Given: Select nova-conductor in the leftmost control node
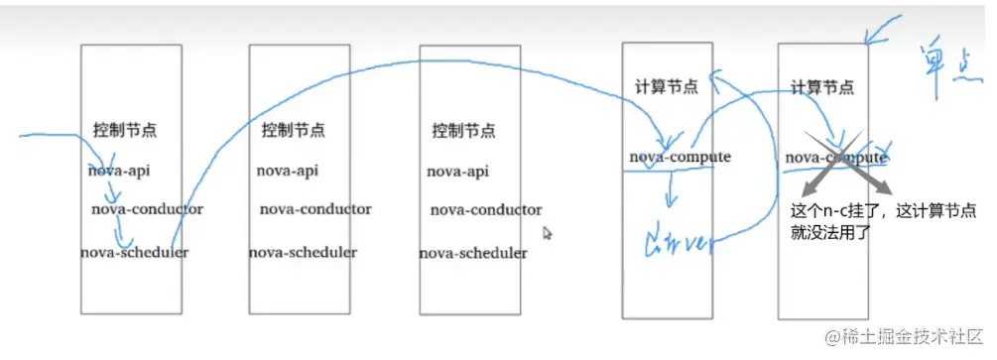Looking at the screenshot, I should coord(147,209).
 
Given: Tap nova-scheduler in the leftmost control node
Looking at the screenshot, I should coord(134,252).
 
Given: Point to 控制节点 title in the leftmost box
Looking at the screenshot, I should coord(125,130).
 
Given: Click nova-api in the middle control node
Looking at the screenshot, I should coord(287,171).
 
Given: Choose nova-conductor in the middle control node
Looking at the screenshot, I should coord(315,209).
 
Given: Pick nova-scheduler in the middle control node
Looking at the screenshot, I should coord(303,252).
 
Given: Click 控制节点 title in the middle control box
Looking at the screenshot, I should coord(293,130).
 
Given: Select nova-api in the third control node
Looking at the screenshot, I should coord(457,172).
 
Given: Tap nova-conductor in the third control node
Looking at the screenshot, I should coord(486,210).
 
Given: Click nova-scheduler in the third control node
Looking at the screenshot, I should coord(473,253).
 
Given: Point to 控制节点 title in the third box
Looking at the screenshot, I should coord(463,131).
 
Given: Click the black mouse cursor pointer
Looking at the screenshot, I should coord(547,233).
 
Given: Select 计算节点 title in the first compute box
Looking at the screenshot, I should coord(666,86).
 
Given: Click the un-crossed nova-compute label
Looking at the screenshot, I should coord(680,157).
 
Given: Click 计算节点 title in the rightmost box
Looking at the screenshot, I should coord(822,86).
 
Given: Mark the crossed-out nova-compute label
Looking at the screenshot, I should coord(836,157).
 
